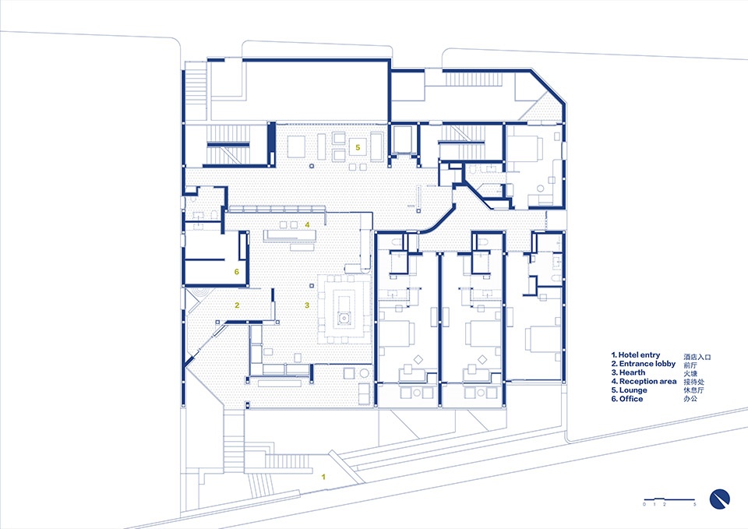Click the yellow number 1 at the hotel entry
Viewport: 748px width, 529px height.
tap(323, 477)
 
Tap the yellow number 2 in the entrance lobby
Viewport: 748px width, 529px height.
tap(237, 305)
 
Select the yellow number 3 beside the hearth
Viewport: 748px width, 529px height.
tap(307, 305)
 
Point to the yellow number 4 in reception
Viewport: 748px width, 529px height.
tap(307, 224)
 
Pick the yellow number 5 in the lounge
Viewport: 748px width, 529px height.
tap(358, 147)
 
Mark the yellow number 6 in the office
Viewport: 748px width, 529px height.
tap(236, 272)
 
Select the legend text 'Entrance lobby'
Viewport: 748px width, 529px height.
tap(647, 364)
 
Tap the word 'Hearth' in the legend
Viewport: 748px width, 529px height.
tap(632, 372)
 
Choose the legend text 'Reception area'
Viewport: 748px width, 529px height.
tap(647, 381)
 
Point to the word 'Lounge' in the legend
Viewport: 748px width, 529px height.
tap(633, 390)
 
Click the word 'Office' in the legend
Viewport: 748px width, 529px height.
tap(630, 399)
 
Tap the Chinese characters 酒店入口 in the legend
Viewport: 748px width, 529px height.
tap(697, 356)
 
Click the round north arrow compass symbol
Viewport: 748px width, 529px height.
tap(719, 499)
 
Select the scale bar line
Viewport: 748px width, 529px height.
tap(669, 500)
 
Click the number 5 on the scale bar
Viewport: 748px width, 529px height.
tap(694, 505)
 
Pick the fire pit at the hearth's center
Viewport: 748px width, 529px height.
tap(343, 317)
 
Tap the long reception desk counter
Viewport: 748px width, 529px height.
tap(290, 235)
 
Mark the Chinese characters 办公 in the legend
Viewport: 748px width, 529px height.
tap(690, 399)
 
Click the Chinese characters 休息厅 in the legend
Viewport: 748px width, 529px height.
tap(693, 390)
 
